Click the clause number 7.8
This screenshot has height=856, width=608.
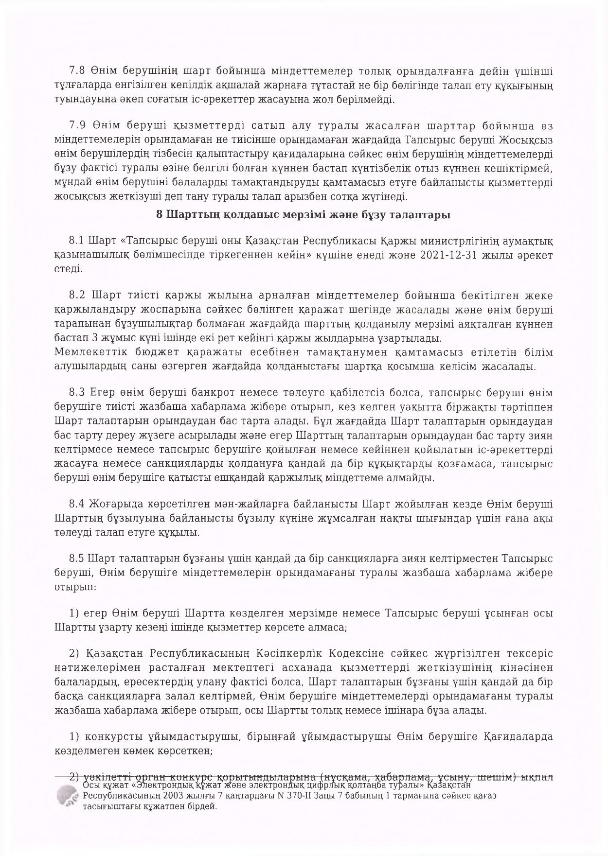pos(77,71)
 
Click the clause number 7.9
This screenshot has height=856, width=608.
pos(77,126)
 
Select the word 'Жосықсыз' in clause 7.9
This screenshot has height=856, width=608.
pos(531,140)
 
